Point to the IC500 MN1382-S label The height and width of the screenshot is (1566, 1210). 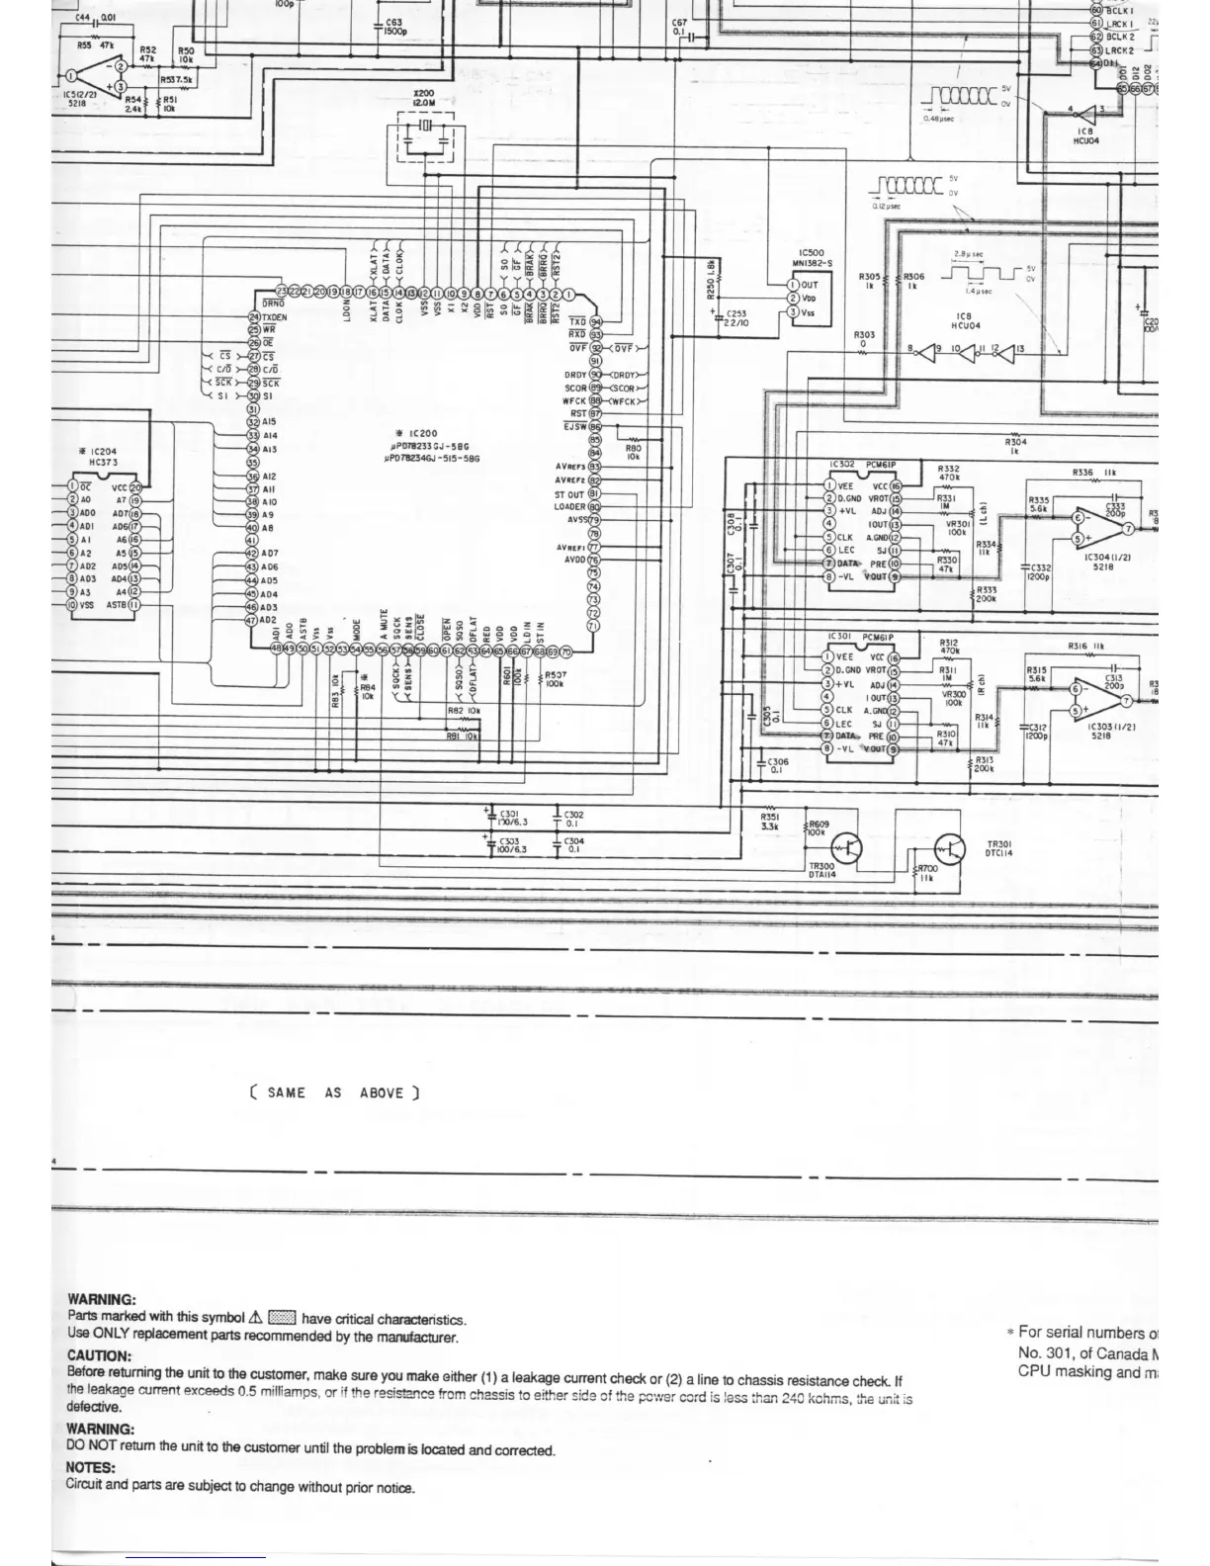coord(815,259)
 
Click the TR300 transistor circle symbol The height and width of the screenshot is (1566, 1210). coord(847,848)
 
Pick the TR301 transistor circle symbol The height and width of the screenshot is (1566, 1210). coord(949,848)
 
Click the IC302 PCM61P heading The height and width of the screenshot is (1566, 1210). coord(860,464)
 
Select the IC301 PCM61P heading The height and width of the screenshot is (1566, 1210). coord(858,638)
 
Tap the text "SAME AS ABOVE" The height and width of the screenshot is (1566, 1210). coord(334,1092)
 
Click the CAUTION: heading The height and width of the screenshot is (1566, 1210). coord(99,1355)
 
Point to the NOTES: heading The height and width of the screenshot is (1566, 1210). coord(91,1467)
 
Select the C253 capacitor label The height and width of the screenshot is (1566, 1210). coord(735,318)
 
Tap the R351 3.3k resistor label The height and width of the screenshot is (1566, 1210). coord(770,822)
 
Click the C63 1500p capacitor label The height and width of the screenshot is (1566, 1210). coord(393,26)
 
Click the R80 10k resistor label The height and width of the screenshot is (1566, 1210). coord(634,452)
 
